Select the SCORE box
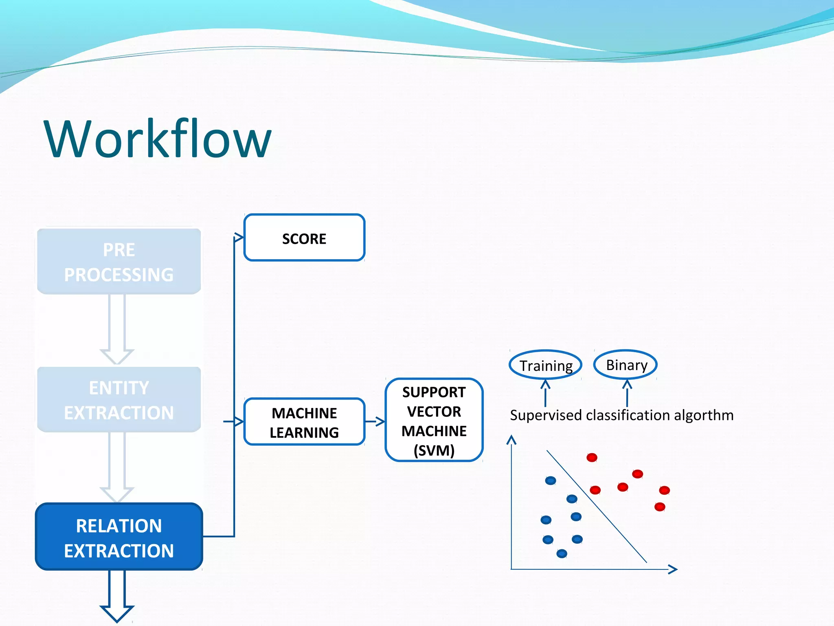pos(304,238)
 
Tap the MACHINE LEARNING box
pos(304,422)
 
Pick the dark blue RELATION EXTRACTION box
pos(119,537)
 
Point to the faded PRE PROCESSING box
pos(119,262)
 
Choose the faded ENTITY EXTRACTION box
pos(119,399)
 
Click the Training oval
pos(545,365)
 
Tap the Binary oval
pos(626,364)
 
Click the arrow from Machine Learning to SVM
pos(375,421)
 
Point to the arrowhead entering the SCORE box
pos(239,238)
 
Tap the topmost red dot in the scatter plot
pos(592,457)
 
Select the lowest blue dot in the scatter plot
pos(562,553)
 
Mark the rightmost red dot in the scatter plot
pos(664,490)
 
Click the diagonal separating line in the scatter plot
pos(597,506)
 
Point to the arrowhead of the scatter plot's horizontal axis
pos(673,569)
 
